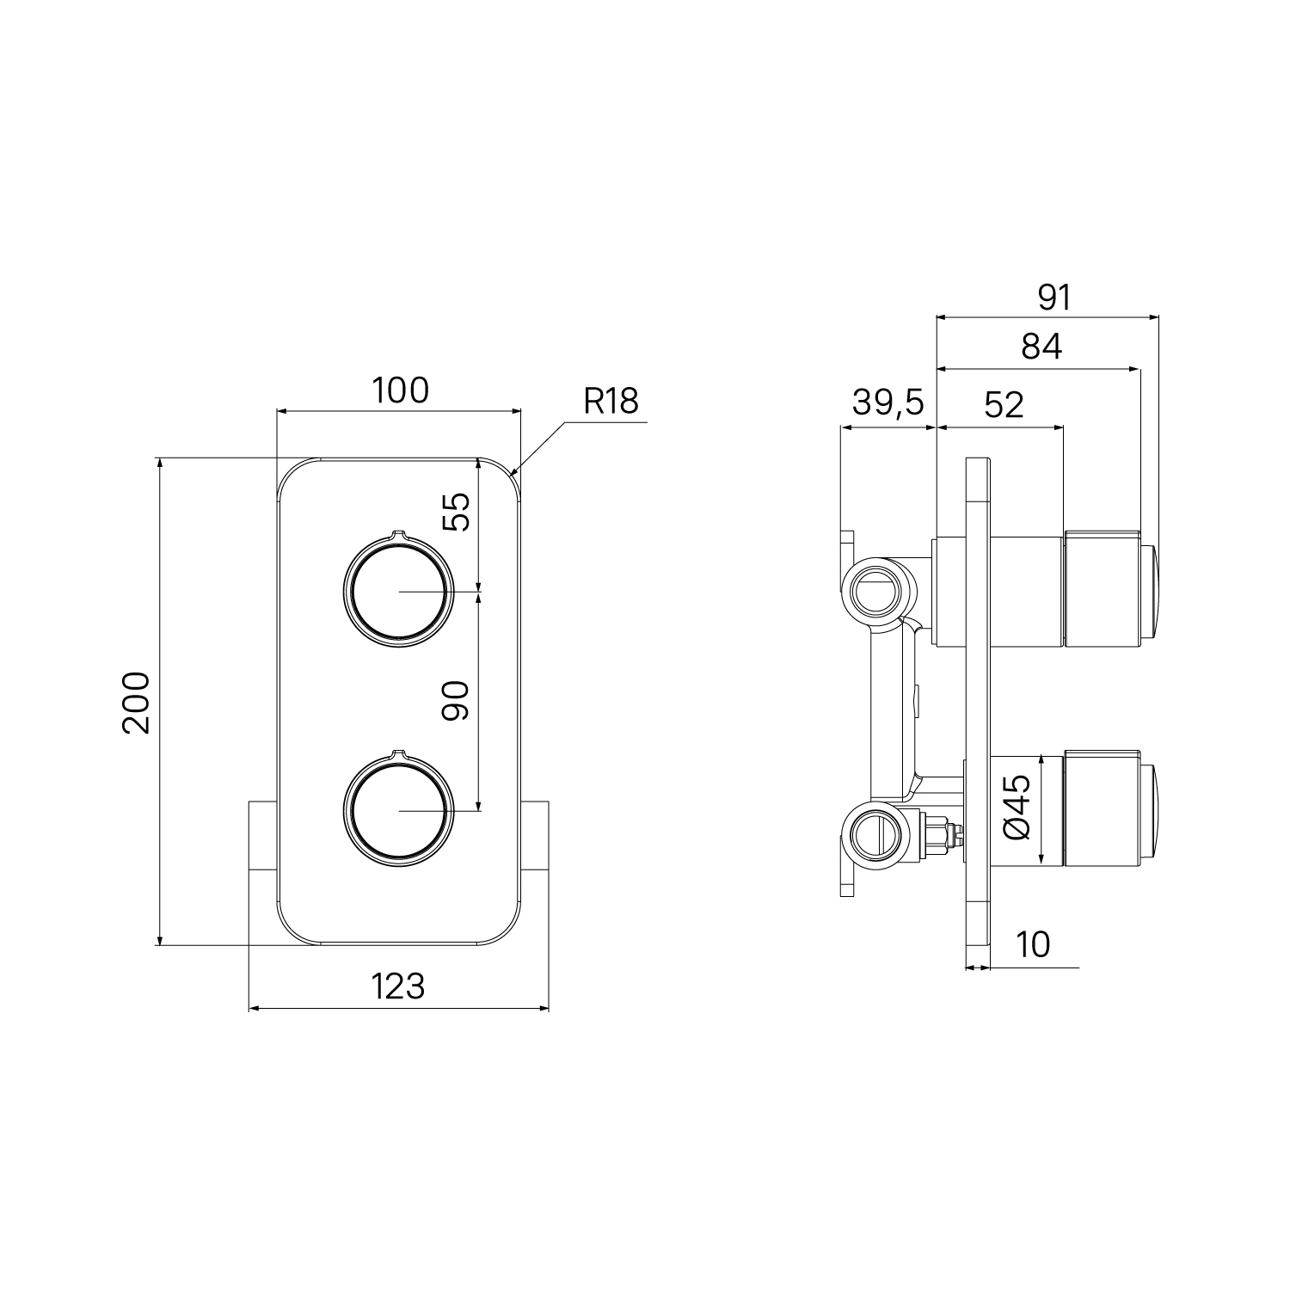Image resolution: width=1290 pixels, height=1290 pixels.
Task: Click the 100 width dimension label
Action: pyautogui.click(x=400, y=390)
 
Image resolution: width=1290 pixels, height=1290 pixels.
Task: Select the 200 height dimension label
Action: pyautogui.click(x=137, y=703)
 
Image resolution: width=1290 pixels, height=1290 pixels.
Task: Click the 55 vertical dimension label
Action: pyautogui.click(x=457, y=513)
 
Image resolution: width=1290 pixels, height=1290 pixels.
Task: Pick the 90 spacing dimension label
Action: pyautogui.click(x=456, y=701)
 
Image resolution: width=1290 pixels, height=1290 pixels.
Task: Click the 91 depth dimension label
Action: pyautogui.click(x=1054, y=298)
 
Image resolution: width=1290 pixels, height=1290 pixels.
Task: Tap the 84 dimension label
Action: pyautogui.click(x=1042, y=347)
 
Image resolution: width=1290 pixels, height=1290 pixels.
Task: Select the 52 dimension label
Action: pyautogui.click(x=1004, y=404)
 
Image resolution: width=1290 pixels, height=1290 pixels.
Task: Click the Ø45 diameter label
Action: pyautogui.click(x=1017, y=808)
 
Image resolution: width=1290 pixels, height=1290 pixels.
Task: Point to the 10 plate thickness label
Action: pyautogui.click(x=1033, y=944)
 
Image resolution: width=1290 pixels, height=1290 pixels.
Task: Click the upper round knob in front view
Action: pyautogui.click(x=396, y=590)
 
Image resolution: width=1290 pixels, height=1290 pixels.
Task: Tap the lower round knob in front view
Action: pyautogui.click(x=396, y=808)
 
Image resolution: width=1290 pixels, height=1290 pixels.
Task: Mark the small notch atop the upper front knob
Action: pyautogui.click(x=397, y=534)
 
